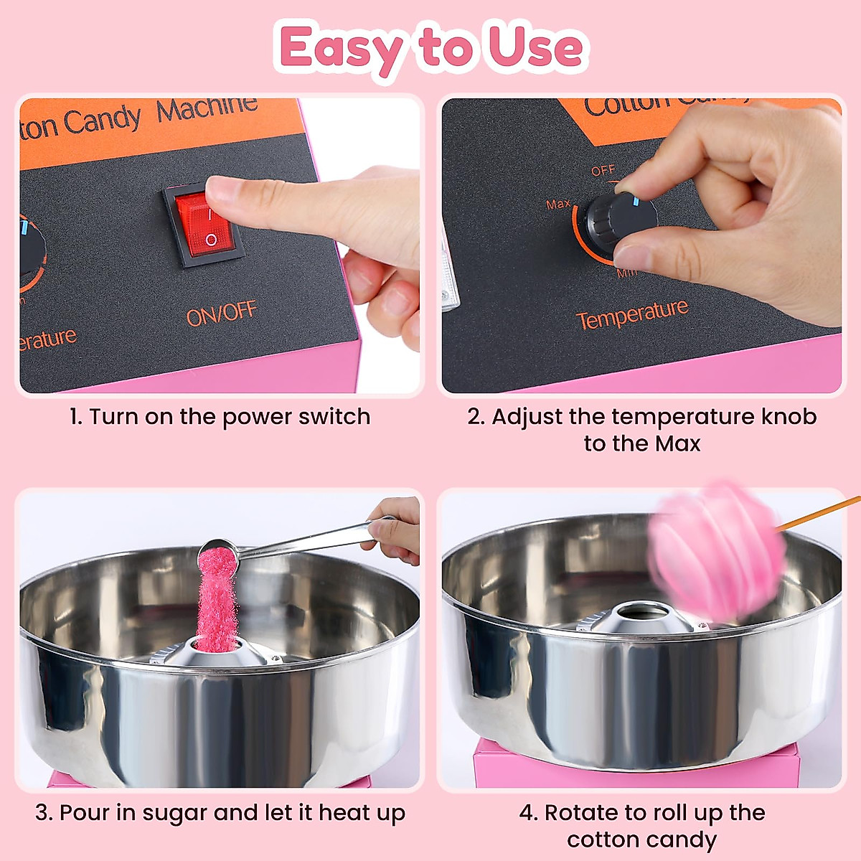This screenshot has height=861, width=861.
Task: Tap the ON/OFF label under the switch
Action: [221, 314]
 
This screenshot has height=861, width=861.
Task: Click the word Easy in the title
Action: [341, 48]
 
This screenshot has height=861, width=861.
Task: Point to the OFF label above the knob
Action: [603, 171]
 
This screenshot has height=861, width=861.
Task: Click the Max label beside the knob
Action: [558, 204]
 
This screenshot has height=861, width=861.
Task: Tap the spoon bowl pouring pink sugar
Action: [217, 552]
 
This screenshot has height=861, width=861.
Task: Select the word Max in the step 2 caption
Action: [677, 443]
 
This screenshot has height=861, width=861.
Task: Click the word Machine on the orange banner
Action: [207, 109]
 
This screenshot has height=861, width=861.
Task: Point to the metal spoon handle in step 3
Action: [309, 540]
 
